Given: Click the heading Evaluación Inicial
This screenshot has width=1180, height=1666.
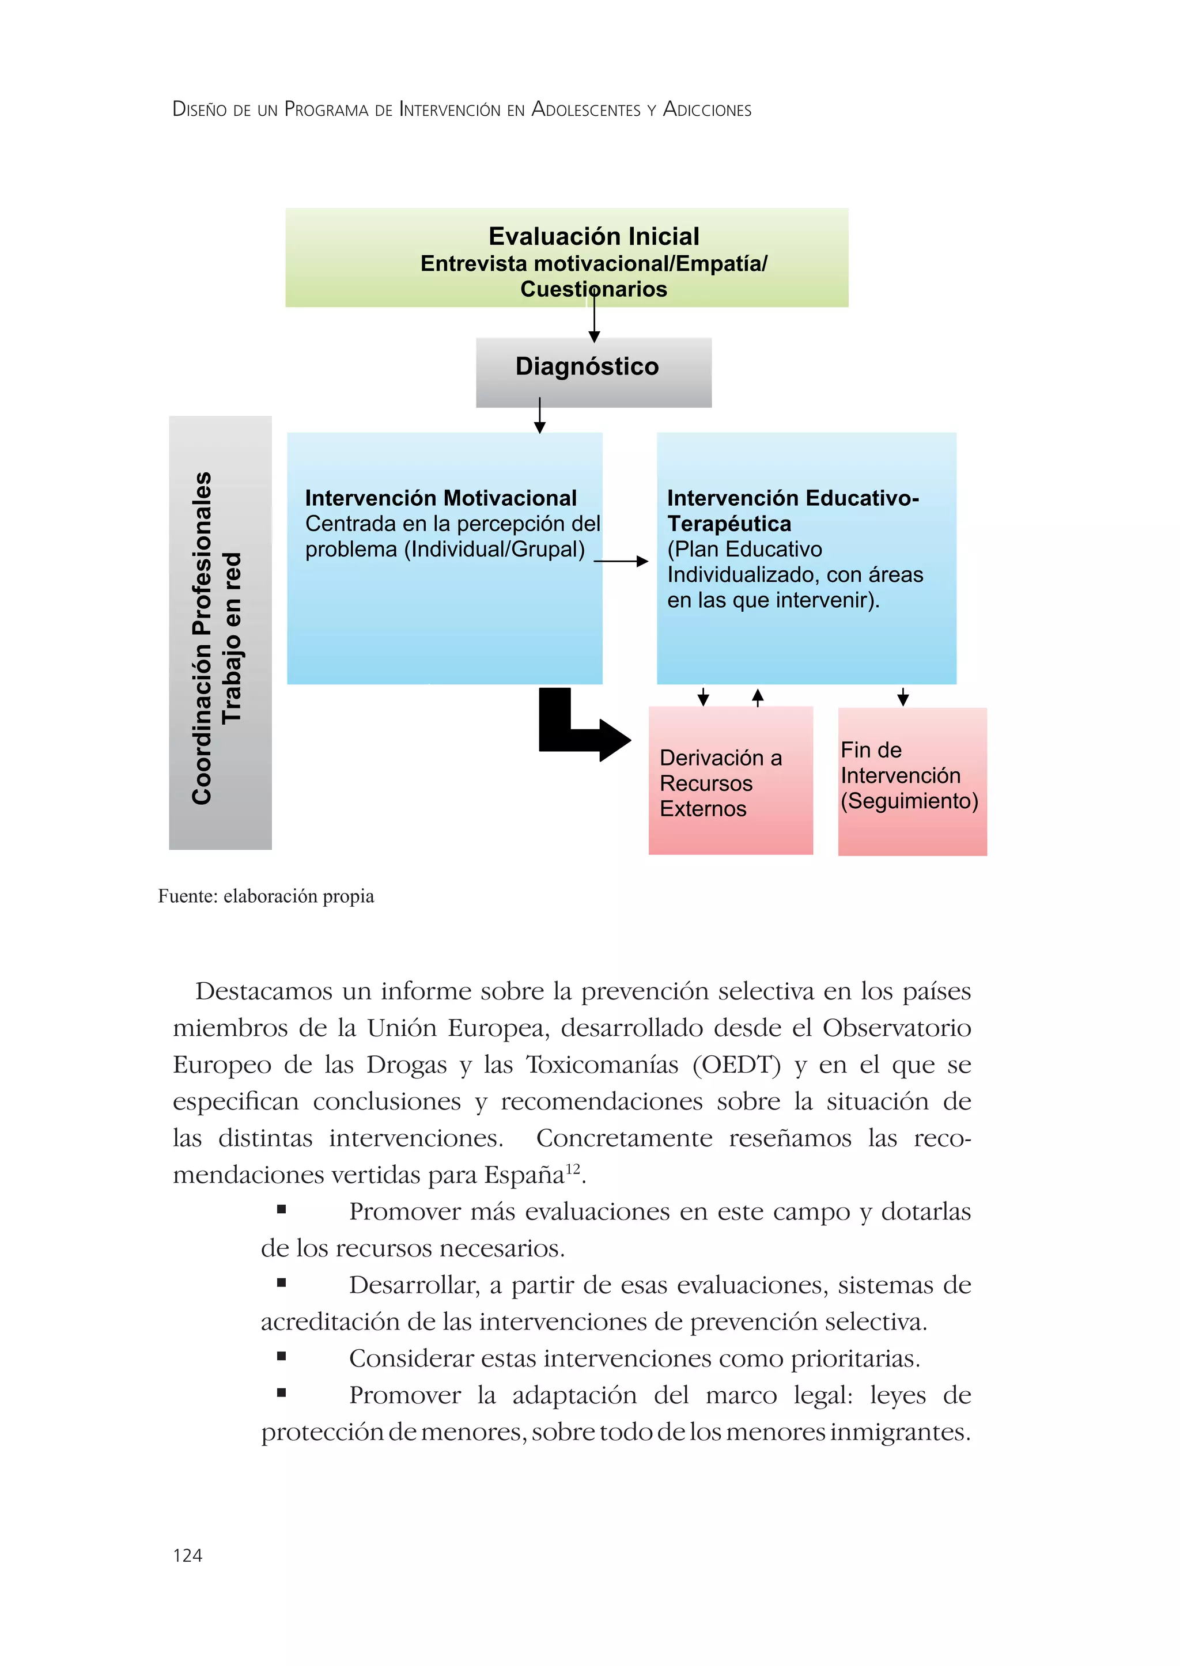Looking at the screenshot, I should coord(593,236).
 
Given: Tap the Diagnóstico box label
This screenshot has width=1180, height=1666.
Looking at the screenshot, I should coord(587,366).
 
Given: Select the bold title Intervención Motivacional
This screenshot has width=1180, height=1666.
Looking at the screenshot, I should coord(440,498).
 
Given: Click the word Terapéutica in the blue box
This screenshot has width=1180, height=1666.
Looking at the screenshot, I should coord(729,523).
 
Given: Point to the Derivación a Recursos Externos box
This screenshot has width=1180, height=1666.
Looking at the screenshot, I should coord(729,782).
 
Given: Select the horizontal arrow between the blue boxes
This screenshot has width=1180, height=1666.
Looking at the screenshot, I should coord(622,561).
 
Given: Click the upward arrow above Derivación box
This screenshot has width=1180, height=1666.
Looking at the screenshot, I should coord(758,697).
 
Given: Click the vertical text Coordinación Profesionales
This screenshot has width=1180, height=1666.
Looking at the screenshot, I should coord(202,638).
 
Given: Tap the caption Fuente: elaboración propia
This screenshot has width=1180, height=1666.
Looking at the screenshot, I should coord(266,896).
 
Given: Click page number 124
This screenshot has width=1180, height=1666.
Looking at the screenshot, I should coord(187,1555).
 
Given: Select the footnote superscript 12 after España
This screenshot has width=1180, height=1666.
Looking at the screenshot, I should coord(573,1169).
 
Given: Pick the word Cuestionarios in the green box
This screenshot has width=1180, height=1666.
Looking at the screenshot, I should coord(593,289).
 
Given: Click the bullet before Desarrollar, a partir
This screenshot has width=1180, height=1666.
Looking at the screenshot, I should coord(281,1283).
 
